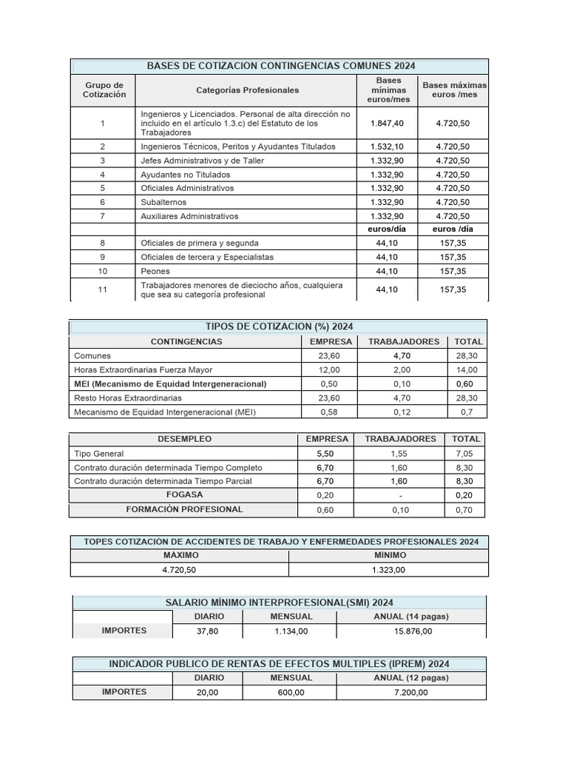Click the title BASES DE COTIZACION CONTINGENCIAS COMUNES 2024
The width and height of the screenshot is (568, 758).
coord(281,66)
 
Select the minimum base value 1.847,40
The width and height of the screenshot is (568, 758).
coord(387,123)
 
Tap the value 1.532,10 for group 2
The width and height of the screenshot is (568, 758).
coord(387,147)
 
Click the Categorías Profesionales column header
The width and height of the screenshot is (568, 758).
coord(248,90)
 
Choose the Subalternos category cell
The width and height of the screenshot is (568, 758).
coord(163,202)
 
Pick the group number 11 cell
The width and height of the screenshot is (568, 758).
coord(103,289)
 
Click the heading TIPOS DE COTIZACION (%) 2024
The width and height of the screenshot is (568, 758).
coord(278,327)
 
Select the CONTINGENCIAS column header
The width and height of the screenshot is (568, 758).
coord(186,342)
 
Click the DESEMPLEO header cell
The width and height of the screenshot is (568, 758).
coord(184,439)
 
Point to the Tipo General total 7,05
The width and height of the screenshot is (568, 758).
coord(466,453)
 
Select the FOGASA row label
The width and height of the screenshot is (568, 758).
coord(185,494)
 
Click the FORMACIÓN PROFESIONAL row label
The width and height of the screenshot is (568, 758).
coord(184,509)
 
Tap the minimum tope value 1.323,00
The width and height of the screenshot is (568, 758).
coord(388,569)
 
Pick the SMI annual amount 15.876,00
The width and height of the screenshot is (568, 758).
coord(411,631)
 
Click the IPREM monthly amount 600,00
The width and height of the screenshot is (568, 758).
coord(291,692)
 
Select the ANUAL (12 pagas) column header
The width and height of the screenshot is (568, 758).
coord(411,677)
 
